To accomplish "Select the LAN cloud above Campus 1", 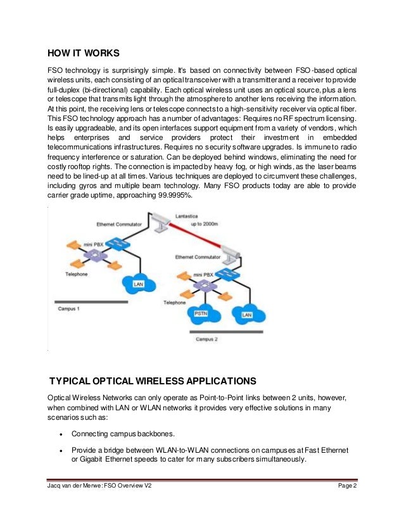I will pos(138,284).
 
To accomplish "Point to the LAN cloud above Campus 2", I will pos(246,313).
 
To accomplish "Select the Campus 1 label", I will pos(69,308).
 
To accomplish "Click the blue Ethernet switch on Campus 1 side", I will pos(117,243).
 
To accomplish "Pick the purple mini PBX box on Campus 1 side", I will pos(96,255).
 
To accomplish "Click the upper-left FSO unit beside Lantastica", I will pos(160,219).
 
